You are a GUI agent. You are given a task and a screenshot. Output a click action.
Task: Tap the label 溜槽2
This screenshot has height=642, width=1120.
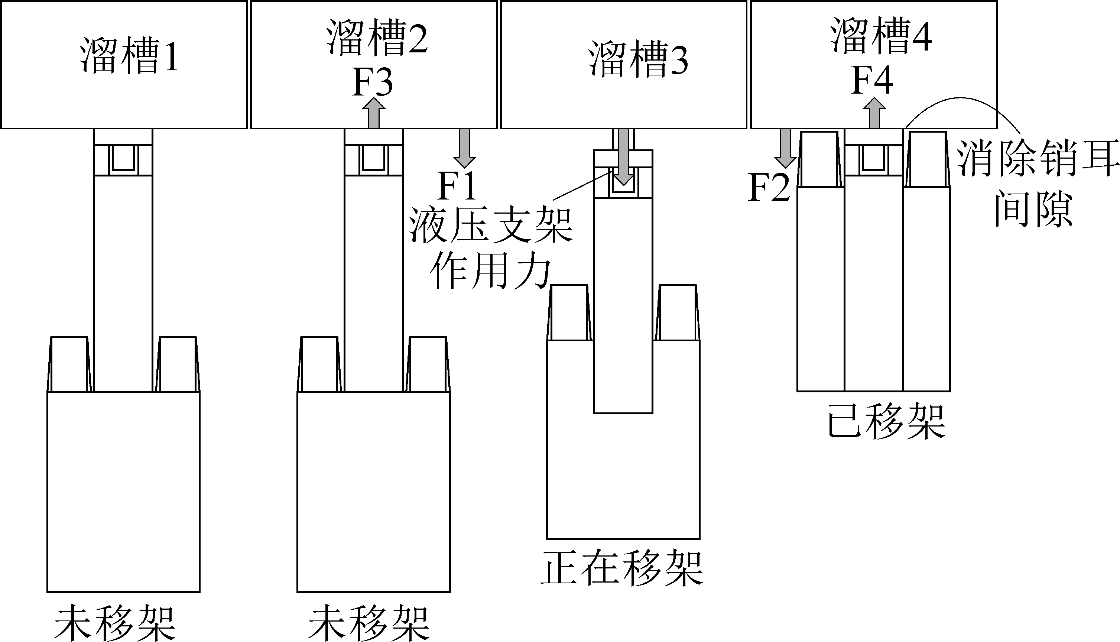377,38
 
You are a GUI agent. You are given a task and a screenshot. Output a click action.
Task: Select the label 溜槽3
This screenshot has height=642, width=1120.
638,60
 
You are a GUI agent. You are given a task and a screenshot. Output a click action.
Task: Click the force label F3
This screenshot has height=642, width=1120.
373,82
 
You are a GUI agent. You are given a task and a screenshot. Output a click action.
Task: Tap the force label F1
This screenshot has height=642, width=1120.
457,187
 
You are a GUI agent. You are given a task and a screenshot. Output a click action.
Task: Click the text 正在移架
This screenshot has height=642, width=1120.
622,567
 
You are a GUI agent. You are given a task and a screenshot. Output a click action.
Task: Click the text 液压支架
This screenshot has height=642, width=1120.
491,226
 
